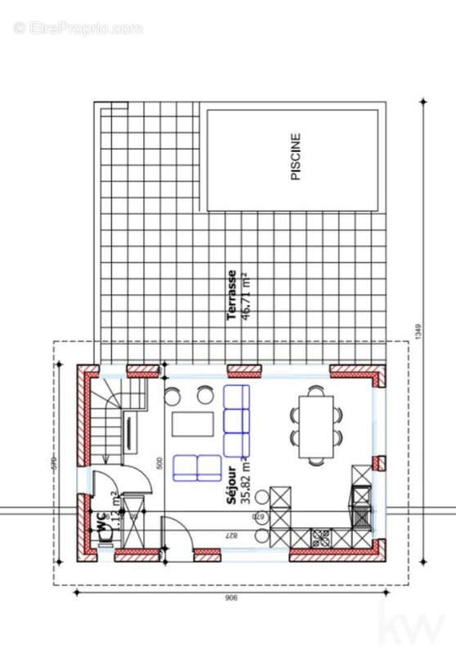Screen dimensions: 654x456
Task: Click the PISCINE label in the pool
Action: point(296,157)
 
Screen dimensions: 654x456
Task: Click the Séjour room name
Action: point(232,487)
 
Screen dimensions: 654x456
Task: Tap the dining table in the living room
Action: point(316,426)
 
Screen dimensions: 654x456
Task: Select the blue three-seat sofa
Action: point(236,421)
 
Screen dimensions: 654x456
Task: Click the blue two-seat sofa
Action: point(197,468)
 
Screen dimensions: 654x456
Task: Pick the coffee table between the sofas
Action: point(192,424)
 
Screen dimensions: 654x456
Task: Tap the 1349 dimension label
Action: point(416,331)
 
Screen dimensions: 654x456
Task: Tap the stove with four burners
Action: point(320,537)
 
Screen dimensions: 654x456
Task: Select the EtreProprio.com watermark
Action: point(78,28)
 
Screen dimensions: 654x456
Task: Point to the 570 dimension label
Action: point(55,464)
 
